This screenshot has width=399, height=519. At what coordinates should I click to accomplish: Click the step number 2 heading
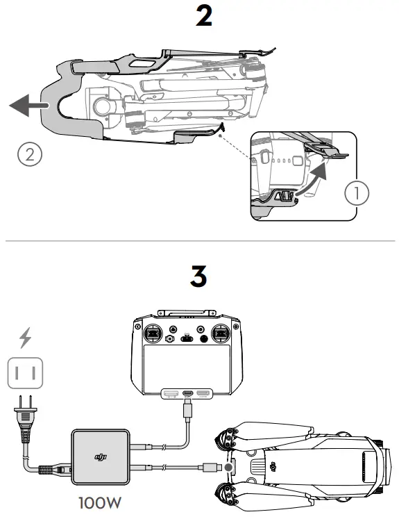[x=204, y=17]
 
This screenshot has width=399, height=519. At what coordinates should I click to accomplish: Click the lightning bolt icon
[x=25, y=338]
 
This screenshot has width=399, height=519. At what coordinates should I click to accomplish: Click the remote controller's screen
[x=188, y=366]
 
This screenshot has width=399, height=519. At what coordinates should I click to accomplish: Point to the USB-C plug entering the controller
[x=188, y=410]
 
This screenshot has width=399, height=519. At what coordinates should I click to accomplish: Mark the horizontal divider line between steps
[x=199, y=241]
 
